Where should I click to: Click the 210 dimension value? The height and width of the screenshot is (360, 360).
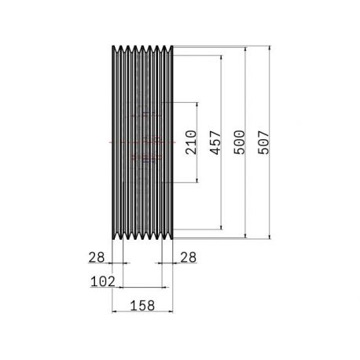(x=191, y=142)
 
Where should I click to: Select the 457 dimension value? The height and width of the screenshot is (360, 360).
(x=215, y=142)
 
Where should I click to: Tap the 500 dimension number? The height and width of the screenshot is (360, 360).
(x=239, y=142)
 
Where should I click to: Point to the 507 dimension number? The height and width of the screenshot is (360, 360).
(x=263, y=142)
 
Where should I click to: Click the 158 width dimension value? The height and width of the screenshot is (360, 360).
(x=142, y=306)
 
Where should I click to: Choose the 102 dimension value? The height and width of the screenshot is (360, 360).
(x=103, y=281)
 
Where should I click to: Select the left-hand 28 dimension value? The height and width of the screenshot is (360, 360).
(x=97, y=257)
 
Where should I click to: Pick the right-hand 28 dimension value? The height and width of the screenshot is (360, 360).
(x=188, y=257)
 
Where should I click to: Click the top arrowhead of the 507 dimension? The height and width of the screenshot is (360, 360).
(x=270, y=48)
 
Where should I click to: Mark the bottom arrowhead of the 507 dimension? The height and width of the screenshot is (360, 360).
(x=270, y=237)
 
